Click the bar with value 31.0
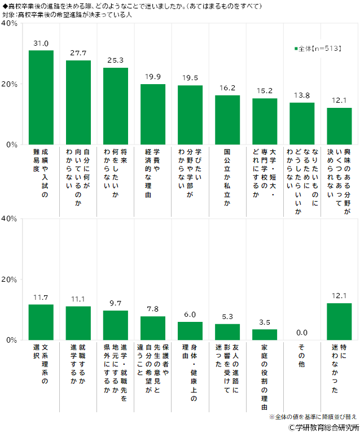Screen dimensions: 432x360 tap(41, 97)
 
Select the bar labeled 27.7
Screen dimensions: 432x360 tap(78, 102)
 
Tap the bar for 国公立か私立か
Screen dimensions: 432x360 tap(227, 120)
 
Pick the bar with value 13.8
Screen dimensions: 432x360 tap(302, 123)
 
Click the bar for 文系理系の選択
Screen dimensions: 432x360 tap(41, 322)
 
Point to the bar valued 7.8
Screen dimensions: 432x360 tap(153, 328)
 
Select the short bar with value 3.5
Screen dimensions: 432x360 tap(265, 335)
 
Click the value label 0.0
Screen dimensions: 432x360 tap(302, 333)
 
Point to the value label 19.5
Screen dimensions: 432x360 tap(190, 78)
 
